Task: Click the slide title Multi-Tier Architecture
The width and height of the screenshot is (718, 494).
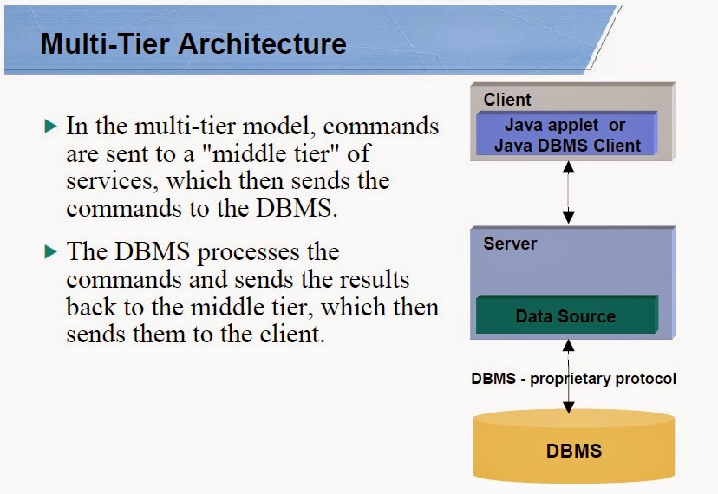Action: pos(193,43)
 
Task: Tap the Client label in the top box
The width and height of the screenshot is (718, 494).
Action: pos(507,100)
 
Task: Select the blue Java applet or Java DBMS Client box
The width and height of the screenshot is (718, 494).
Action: pos(568,135)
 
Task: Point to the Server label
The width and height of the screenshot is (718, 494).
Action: pos(509,244)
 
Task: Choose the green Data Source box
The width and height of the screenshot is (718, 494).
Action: pos(565,316)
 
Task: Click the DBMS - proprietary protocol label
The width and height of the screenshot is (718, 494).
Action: pos(573,379)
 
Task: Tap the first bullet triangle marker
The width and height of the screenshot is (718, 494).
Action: pos(50,127)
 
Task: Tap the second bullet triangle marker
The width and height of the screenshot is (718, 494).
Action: pos(50,252)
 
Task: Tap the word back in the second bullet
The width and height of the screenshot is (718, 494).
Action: pos(87,308)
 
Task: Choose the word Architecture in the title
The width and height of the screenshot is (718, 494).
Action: pos(264,43)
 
